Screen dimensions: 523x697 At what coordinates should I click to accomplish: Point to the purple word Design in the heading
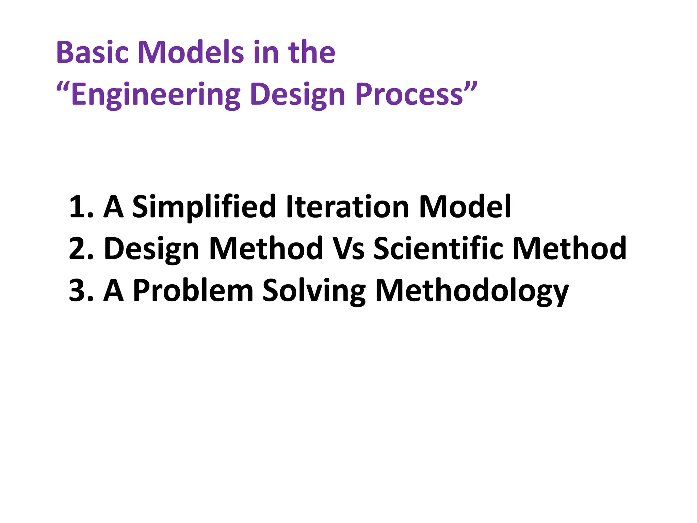(x=298, y=94)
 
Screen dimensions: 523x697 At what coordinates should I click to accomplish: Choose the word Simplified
(x=204, y=207)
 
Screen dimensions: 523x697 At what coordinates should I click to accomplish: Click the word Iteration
(x=347, y=207)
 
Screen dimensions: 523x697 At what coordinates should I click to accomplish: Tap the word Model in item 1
(x=465, y=207)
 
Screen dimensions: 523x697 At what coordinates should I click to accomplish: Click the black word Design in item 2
(x=151, y=249)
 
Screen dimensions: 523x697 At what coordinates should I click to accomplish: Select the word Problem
(x=193, y=291)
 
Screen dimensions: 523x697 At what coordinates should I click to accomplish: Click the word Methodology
(x=472, y=291)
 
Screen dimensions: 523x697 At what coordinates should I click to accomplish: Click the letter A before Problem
(x=113, y=291)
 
